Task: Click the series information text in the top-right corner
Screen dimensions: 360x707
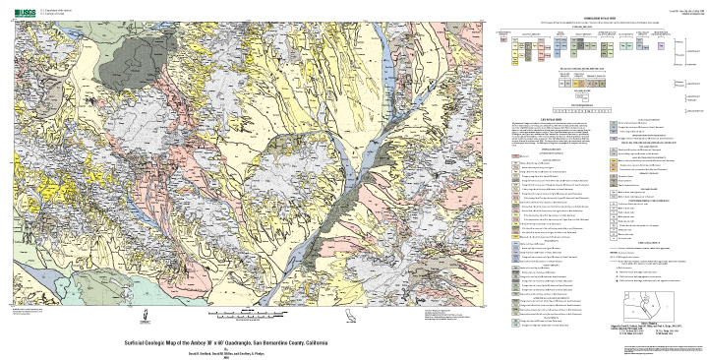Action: (682, 8)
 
